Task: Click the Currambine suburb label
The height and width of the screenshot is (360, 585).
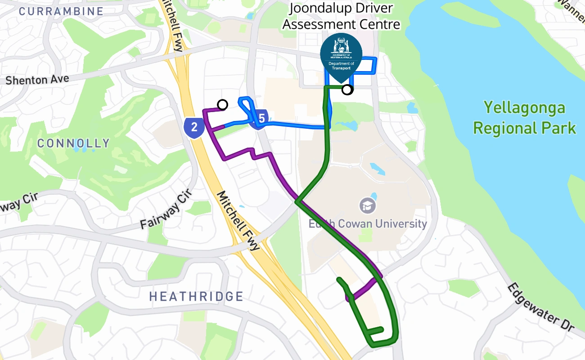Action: (x=62, y=11)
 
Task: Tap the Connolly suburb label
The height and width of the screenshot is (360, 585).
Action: (x=73, y=144)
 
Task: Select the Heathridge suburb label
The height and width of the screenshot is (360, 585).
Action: (x=196, y=297)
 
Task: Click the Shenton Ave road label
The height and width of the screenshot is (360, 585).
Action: (x=37, y=80)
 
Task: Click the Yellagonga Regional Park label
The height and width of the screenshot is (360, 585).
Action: (x=524, y=118)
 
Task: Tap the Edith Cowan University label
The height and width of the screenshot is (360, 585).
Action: (x=367, y=224)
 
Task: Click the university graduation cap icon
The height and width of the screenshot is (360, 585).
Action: (x=368, y=206)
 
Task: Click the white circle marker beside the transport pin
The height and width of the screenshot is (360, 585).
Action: (x=347, y=90)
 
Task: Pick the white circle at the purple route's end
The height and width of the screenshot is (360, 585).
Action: (x=222, y=105)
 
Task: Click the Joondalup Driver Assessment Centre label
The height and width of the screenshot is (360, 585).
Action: (x=341, y=16)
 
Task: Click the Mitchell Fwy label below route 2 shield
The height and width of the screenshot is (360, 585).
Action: (x=238, y=220)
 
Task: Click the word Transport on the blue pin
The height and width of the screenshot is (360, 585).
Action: (x=341, y=68)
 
